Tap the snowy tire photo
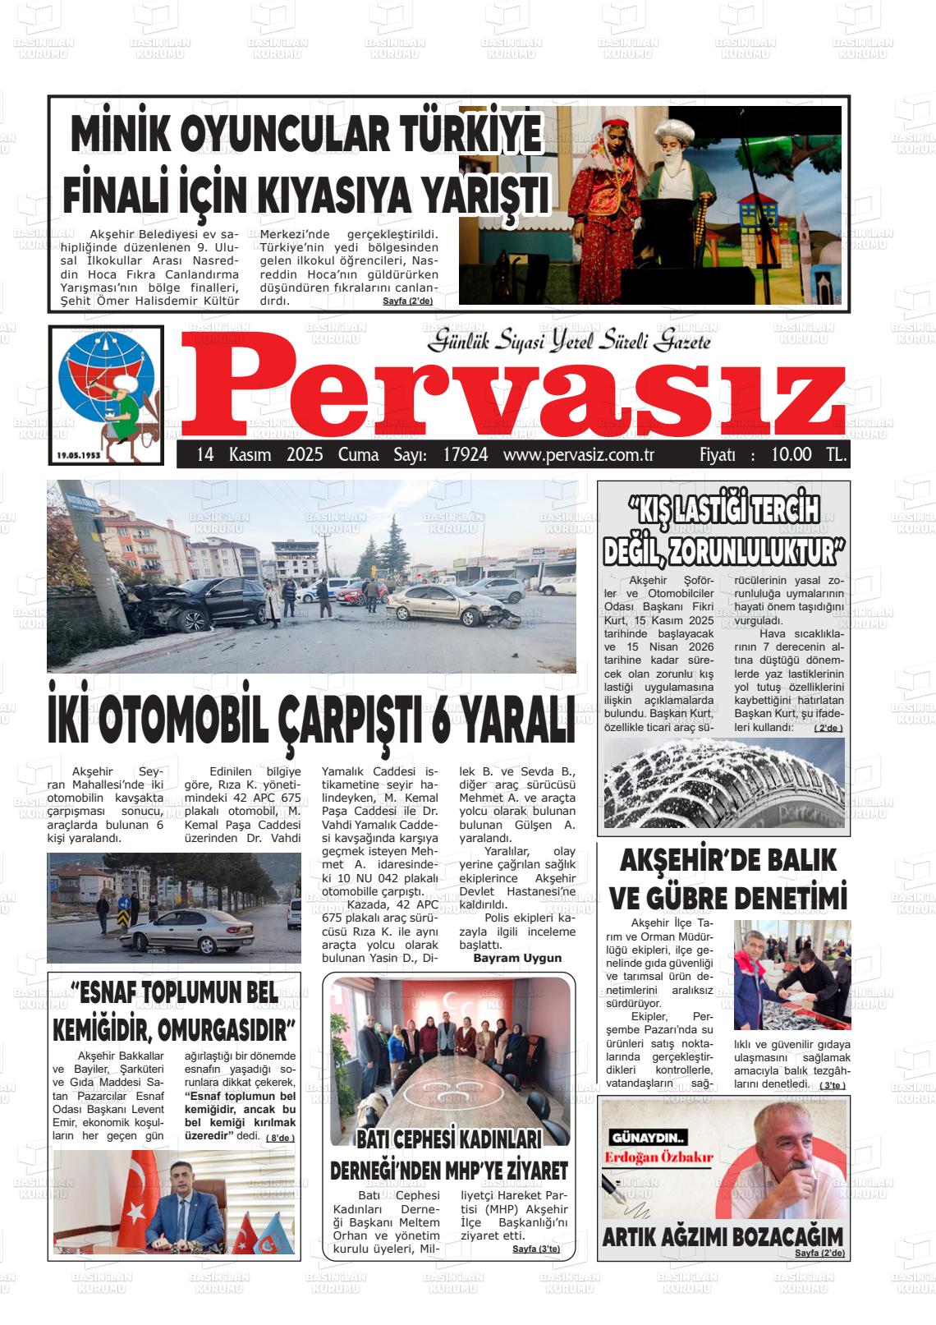click(723, 784)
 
